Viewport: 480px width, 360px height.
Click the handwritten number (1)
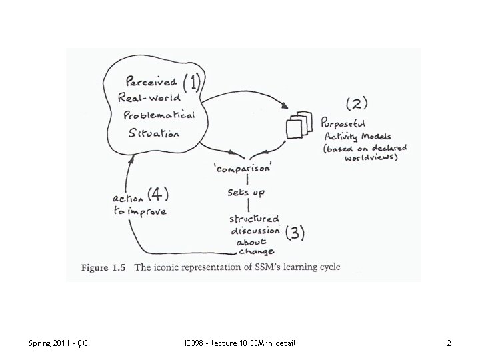click(x=191, y=83)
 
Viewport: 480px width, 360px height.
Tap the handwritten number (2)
click(x=357, y=103)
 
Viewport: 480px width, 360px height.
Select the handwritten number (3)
click(x=295, y=233)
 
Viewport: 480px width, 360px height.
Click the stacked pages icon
click(x=297, y=127)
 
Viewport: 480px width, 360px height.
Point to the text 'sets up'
click(x=247, y=192)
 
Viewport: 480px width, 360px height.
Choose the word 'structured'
click(x=255, y=219)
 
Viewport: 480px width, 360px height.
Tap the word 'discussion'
click(x=255, y=231)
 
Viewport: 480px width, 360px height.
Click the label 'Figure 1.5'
click(x=103, y=267)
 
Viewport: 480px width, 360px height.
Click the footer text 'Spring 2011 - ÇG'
click(x=59, y=343)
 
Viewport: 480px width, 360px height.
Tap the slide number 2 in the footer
click(x=449, y=343)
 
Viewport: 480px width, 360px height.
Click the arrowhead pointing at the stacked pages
click(x=286, y=109)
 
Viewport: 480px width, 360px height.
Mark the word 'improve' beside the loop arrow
click(x=148, y=211)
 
